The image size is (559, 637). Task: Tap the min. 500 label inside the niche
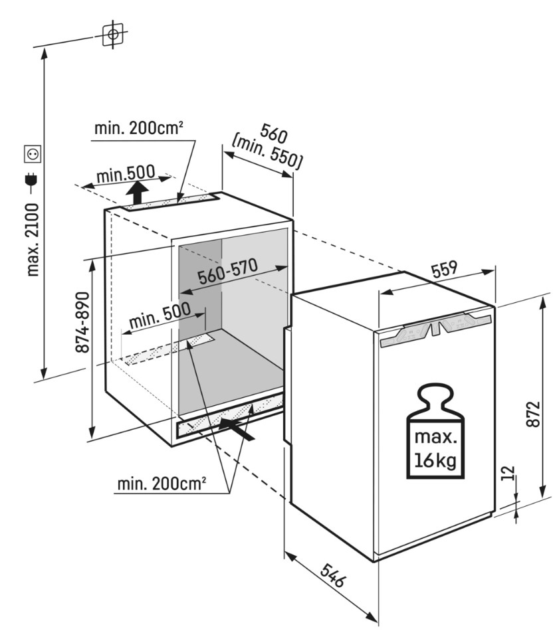click(160, 317)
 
